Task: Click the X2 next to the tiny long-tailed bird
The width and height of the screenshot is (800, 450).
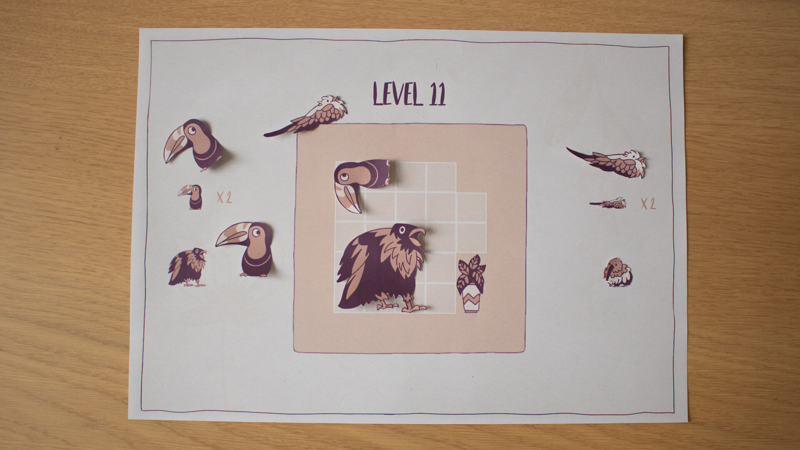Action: coord(648,203)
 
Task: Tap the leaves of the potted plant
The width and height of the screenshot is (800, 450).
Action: coord(471,270)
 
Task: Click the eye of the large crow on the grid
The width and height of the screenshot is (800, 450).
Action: coord(402,230)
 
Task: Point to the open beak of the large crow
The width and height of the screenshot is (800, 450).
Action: coord(417,234)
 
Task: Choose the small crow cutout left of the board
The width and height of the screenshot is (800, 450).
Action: coord(187,267)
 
